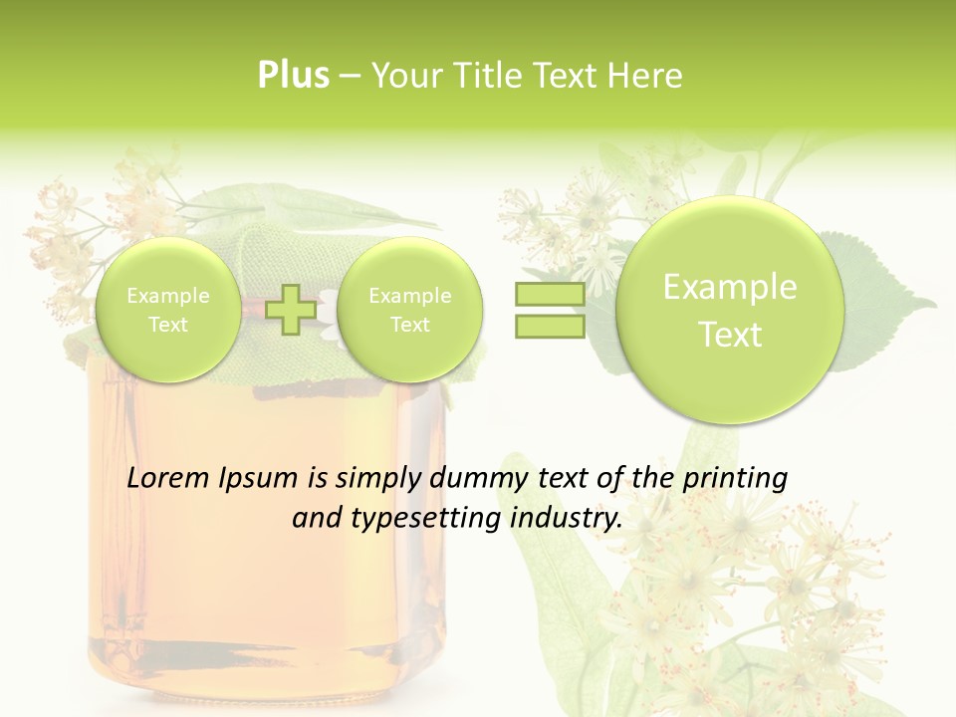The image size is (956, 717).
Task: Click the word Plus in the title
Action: tap(293, 76)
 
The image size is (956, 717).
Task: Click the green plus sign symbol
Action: tap(291, 309)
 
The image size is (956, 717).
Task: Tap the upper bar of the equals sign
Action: tap(549, 295)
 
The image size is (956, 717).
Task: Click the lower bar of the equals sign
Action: tap(549, 326)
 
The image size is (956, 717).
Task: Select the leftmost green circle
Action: tap(168, 310)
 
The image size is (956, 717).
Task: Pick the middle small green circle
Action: tap(409, 310)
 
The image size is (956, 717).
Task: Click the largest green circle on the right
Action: tap(730, 310)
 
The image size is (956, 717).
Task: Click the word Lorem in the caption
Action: tap(167, 478)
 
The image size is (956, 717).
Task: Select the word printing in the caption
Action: tap(735, 478)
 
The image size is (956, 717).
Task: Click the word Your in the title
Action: tap(405, 76)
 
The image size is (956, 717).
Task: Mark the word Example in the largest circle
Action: tap(730, 287)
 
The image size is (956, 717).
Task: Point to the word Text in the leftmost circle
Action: tap(168, 325)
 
